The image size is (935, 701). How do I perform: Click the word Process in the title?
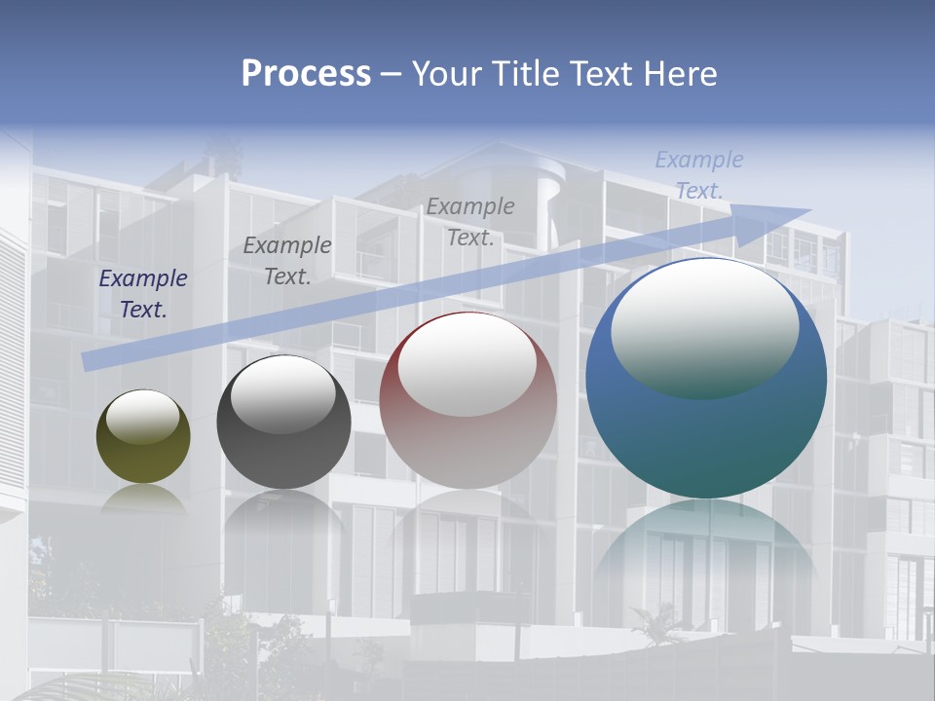tap(306, 74)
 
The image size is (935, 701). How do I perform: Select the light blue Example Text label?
tap(699, 175)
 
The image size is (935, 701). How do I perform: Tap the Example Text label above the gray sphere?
tap(287, 261)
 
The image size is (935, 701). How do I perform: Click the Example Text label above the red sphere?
tap(470, 221)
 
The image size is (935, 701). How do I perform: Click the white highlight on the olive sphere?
tap(143, 417)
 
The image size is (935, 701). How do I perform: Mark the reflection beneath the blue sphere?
tap(706, 555)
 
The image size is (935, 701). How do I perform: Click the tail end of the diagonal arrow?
tap(90, 361)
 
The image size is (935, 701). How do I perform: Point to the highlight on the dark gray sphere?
tap(283, 394)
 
